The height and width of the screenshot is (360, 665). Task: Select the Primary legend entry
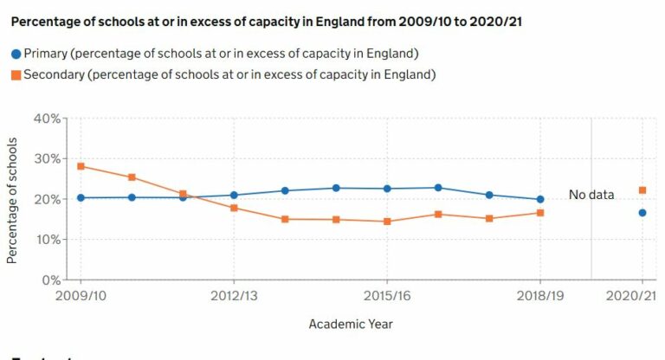(x=216, y=53)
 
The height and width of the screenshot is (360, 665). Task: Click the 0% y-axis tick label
(x=49, y=280)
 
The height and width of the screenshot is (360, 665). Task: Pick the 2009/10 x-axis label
(x=81, y=297)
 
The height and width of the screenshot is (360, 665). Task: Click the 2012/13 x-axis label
(x=234, y=297)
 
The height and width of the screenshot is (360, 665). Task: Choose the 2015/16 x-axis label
(x=387, y=297)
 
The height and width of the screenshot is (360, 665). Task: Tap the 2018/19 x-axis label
(x=540, y=297)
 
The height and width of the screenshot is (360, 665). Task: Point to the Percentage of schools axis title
(x=12, y=199)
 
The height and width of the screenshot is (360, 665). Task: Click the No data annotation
(x=591, y=195)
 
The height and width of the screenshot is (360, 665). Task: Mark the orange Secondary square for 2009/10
(x=81, y=166)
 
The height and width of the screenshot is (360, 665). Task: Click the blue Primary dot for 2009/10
(x=81, y=197)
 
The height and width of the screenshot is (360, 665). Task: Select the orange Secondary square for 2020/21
(x=642, y=190)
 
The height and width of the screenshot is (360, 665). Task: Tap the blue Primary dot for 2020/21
(x=642, y=213)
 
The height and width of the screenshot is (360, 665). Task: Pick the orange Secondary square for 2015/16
(x=387, y=222)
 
